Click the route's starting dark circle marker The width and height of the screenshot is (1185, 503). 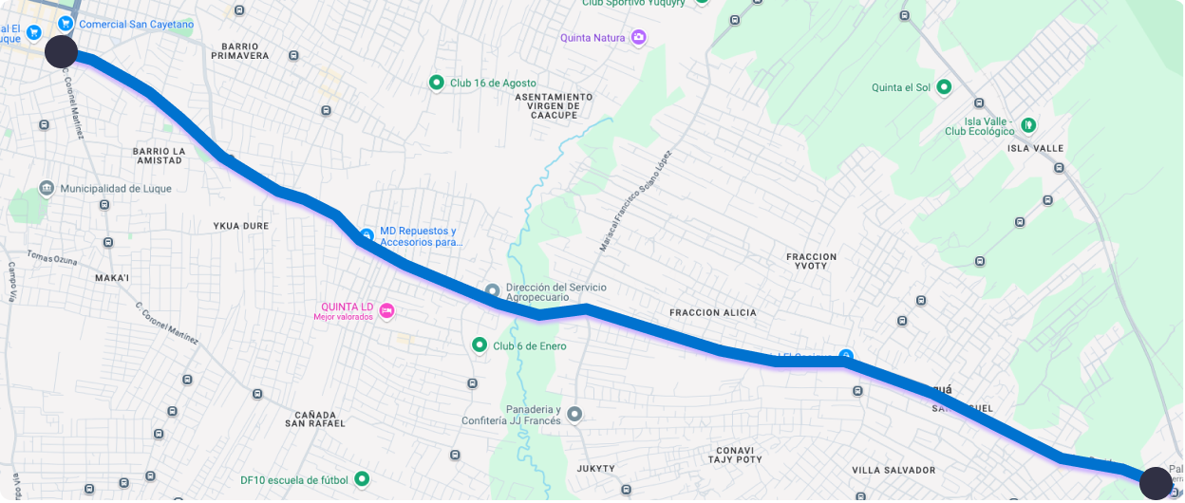62,52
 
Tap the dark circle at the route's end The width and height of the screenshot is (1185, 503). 1156,482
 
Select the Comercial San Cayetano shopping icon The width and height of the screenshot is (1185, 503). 66,23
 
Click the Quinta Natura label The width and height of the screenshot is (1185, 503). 592,38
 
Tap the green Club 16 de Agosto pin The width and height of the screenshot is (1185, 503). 437,84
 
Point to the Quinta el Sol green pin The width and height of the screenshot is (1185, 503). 944,87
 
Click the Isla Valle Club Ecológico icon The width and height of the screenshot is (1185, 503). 1027,124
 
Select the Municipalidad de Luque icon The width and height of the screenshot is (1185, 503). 47,189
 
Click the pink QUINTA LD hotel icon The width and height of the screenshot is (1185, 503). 386,309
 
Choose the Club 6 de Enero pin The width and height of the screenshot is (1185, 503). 480,345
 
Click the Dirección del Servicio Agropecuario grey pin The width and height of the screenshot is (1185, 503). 492,290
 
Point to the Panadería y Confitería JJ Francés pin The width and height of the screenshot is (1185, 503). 574,414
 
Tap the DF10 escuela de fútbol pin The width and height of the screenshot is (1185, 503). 361,479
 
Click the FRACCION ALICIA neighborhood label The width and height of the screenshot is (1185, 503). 713,312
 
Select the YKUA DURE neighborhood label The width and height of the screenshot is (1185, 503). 241,226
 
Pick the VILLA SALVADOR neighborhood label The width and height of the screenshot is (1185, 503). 893,470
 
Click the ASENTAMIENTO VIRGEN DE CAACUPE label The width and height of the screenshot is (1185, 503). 554,105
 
